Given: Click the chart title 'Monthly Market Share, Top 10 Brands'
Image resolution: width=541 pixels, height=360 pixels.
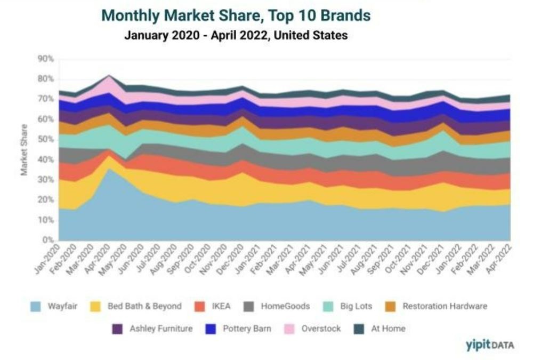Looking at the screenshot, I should point(236,15).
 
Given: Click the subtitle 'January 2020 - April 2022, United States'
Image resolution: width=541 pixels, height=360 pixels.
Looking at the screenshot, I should point(236,36).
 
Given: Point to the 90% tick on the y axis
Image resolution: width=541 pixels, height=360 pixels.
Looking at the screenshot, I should point(46,59).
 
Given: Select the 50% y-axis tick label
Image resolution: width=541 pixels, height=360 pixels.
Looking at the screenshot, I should point(46,139).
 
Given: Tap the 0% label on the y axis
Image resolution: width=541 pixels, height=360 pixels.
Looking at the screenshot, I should point(49,240).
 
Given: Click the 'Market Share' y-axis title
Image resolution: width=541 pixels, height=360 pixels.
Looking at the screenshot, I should point(24,150).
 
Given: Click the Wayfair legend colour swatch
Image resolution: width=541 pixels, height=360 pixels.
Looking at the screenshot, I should point(36,306).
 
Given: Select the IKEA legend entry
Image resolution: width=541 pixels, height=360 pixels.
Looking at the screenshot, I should point(214,306).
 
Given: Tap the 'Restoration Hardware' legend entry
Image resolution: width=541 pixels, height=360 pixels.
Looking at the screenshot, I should point(437,306).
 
